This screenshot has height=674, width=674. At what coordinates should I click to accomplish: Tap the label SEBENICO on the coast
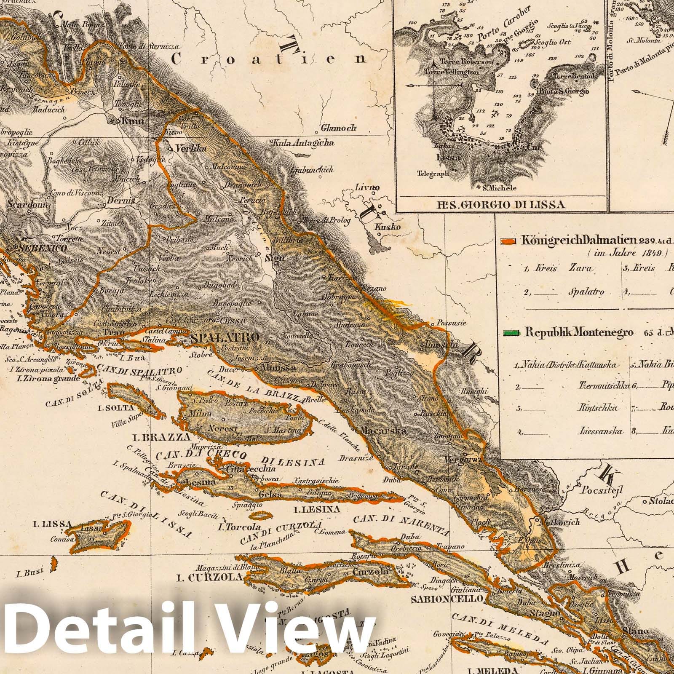(42, 249)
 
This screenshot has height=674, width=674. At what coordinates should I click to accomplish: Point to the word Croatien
(270, 59)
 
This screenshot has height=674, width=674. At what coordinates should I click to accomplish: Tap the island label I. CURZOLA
(221, 577)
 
